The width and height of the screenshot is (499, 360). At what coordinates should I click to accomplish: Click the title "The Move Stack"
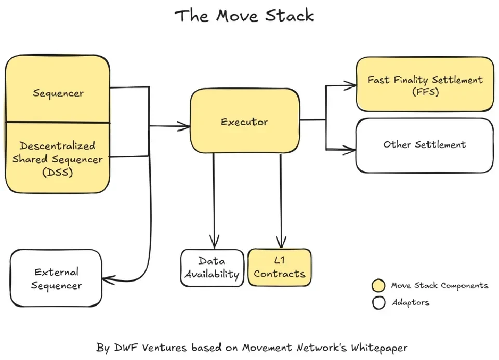tap(244, 16)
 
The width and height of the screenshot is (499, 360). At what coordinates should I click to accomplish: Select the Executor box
tap(244, 122)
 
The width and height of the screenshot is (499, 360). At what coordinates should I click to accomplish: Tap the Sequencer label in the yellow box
tap(58, 94)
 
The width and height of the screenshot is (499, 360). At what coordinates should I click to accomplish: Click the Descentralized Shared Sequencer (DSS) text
tap(58, 159)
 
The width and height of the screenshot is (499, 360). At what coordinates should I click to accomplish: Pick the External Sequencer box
tap(56, 278)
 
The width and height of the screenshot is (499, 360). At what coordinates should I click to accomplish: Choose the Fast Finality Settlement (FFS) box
tap(425, 85)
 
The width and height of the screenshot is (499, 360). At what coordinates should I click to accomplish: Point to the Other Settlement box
tap(425, 145)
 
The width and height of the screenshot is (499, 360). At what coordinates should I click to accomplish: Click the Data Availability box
tap(212, 268)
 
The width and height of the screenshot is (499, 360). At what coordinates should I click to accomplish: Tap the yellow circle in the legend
tap(379, 286)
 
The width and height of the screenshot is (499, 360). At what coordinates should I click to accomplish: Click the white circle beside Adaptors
tap(379, 302)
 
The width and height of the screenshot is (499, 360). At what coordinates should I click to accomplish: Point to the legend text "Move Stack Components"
tap(439, 286)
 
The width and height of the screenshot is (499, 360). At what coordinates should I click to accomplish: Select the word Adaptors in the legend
tap(410, 302)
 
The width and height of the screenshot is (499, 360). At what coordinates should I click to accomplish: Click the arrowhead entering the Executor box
tap(186, 125)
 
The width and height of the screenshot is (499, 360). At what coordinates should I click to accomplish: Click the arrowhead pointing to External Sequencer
tap(106, 280)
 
